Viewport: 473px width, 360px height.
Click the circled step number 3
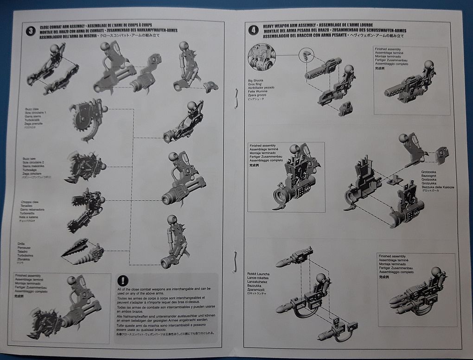(x=30, y=32)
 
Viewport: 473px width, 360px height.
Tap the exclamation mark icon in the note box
(x=123, y=280)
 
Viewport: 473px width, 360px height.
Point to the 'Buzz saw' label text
(x=30, y=159)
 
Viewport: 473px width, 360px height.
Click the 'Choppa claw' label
(x=32, y=202)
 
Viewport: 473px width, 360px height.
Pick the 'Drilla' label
(x=21, y=243)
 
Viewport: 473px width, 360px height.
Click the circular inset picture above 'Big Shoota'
(x=262, y=57)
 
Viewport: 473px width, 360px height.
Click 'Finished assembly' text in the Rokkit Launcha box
(x=392, y=256)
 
